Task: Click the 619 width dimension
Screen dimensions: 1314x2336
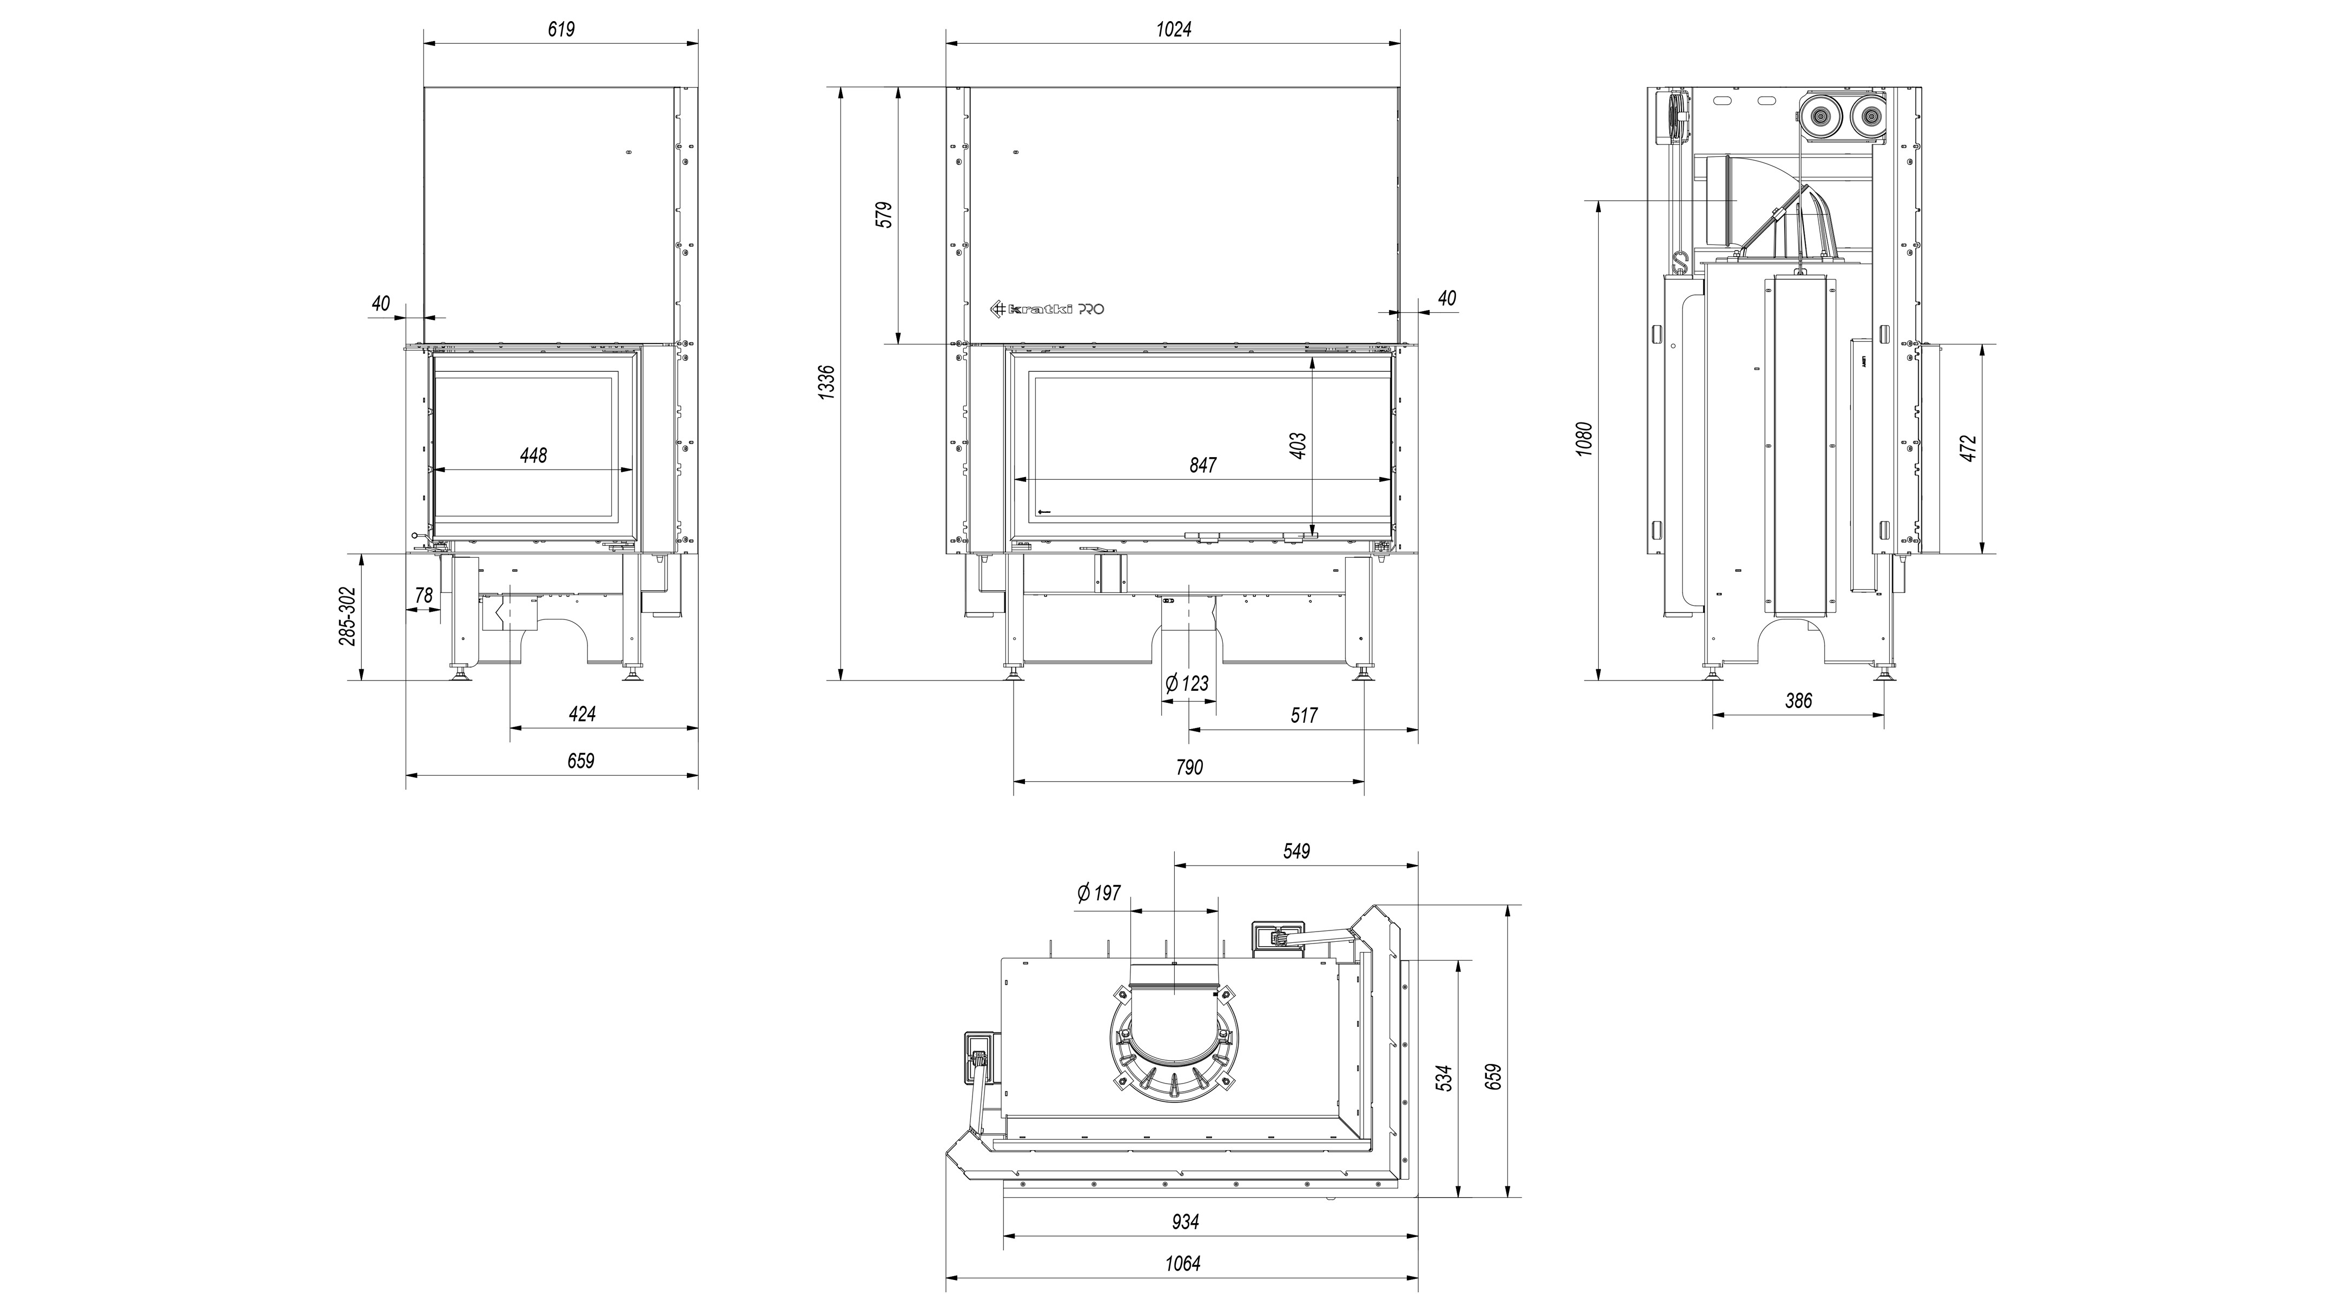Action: [x=561, y=29]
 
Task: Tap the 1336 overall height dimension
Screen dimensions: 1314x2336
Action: [x=825, y=384]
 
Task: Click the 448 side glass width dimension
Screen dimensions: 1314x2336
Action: [x=533, y=455]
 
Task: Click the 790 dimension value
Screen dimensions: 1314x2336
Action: [x=1189, y=767]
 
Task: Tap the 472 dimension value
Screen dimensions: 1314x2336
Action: [x=1968, y=448]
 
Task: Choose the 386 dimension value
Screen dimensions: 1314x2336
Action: [x=1798, y=700]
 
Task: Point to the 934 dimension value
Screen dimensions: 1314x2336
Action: [x=1185, y=1221]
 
